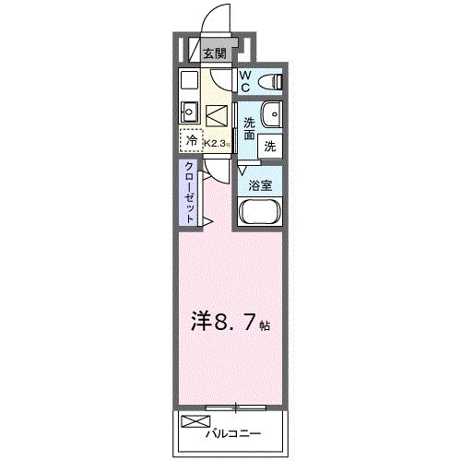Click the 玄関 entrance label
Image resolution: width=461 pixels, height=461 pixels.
pyautogui.click(x=214, y=54)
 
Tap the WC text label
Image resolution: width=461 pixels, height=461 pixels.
pyautogui.click(x=247, y=81)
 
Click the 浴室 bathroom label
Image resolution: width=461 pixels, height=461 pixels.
pyautogui.click(x=259, y=184)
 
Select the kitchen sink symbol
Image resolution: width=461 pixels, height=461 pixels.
pyautogui.click(x=188, y=112)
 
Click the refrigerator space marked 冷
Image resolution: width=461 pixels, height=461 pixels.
pyautogui.click(x=191, y=141)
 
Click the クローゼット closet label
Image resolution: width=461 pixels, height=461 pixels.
pyautogui.click(x=189, y=191)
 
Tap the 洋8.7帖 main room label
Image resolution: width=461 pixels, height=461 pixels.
pyautogui.click(x=230, y=325)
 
